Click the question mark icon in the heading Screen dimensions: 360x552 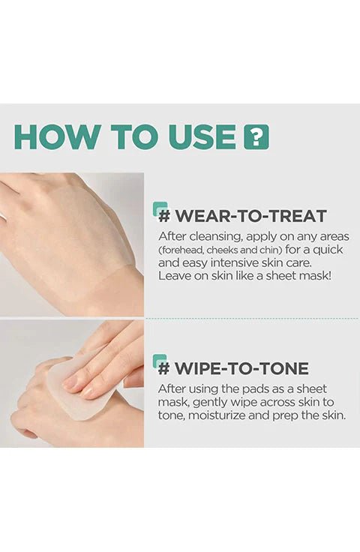tap(256, 136)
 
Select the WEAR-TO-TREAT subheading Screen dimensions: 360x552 tap(243, 216)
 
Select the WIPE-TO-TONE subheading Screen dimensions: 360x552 tap(234, 368)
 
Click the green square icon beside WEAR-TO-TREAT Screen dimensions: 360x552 tap(160, 208)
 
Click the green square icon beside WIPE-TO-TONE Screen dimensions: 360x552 tap(160, 361)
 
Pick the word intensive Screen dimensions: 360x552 tap(234, 263)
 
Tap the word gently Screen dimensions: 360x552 tap(211, 403)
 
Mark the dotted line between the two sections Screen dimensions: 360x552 tap(252, 319)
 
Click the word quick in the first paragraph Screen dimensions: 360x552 tap(327, 250)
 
